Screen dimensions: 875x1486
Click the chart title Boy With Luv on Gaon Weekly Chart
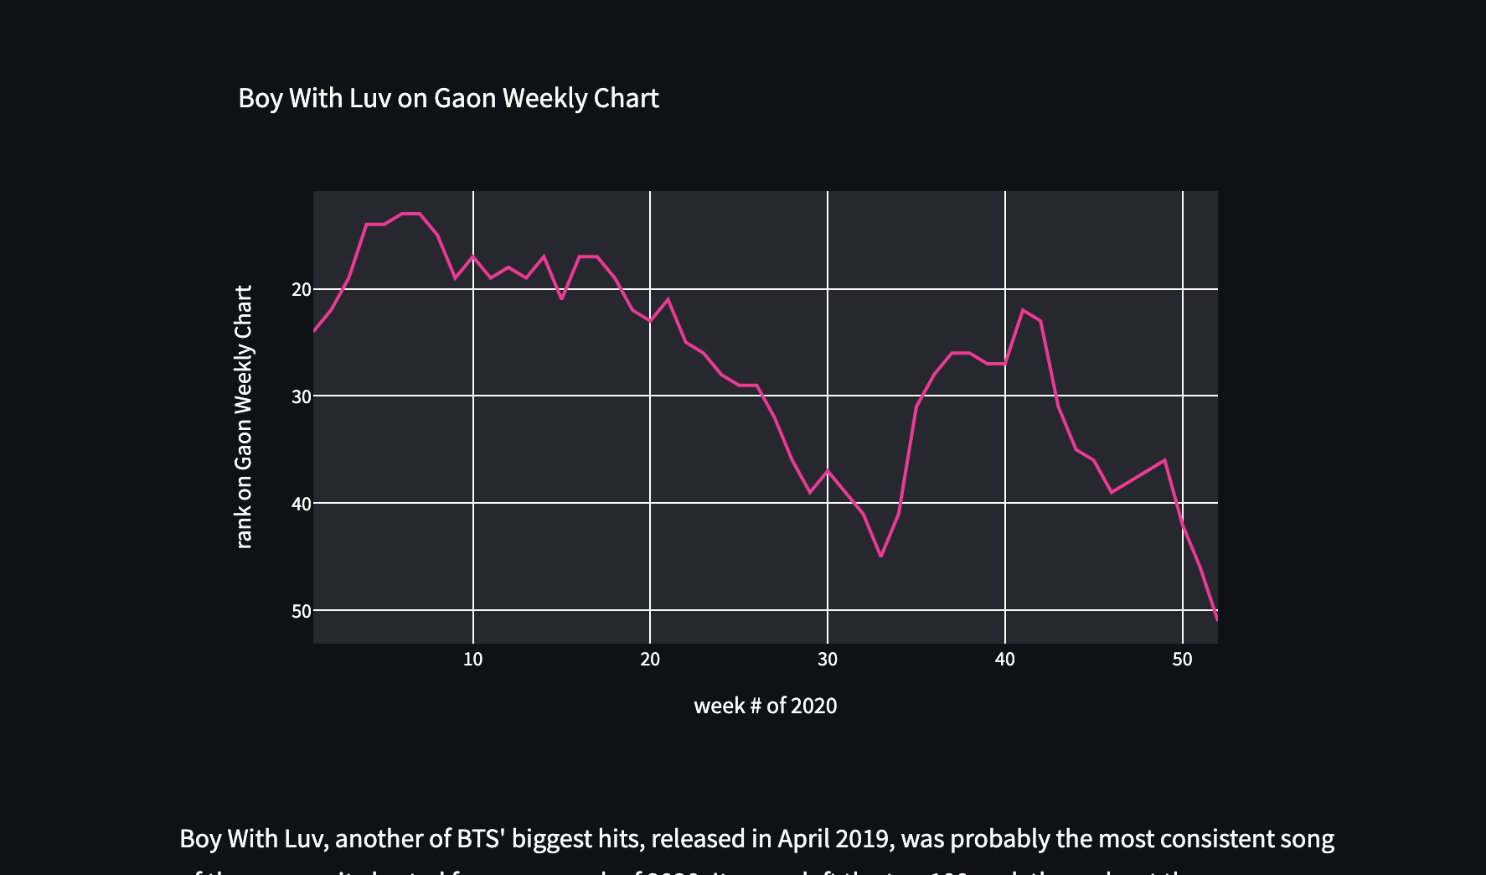point(448,99)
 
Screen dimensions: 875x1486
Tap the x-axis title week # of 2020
point(765,706)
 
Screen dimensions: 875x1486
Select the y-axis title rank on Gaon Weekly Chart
point(244,417)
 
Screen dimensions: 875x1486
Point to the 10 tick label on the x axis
point(472,660)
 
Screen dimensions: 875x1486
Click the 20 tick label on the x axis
point(650,660)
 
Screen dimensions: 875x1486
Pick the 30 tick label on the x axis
point(828,660)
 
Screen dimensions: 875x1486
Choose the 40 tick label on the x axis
point(1005,660)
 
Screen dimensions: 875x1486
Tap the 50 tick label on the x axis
point(1182,660)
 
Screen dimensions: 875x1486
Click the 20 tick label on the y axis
point(301,290)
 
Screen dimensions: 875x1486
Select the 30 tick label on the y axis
point(301,396)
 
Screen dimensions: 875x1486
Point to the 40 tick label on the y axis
point(301,504)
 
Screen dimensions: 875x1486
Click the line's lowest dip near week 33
point(880,556)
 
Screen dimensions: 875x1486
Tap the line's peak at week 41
point(1023,310)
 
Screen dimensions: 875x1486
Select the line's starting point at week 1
point(314,331)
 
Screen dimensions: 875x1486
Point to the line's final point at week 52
point(1216,619)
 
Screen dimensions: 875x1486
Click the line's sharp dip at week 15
point(561,298)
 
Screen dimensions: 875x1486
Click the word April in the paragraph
point(803,839)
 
